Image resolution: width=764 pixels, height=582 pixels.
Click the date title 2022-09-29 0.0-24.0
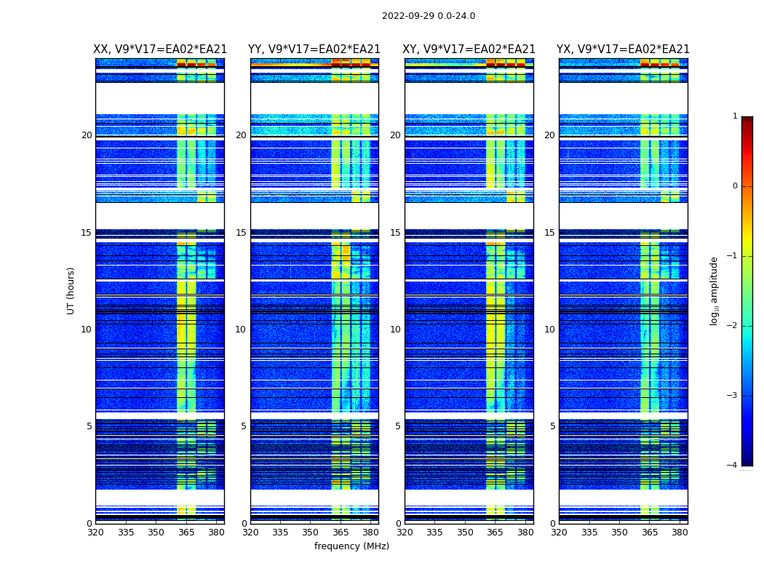(428, 16)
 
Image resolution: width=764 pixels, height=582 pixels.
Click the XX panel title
(160, 49)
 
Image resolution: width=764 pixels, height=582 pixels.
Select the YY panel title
(314, 49)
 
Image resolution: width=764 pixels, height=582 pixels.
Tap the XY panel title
(469, 49)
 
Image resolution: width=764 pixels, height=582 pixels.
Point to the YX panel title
(623, 49)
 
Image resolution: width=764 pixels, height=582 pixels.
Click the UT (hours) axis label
(71, 290)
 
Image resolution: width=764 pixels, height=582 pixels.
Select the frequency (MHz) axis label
(351, 546)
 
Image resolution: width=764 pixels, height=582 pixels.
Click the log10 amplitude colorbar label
(715, 290)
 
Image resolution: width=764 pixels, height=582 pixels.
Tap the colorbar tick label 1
(735, 116)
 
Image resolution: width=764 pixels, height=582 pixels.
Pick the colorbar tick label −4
(733, 466)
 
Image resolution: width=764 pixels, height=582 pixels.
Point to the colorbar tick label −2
(733, 326)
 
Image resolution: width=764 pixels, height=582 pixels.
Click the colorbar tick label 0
(735, 186)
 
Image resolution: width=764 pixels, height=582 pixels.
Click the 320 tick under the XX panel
(95, 533)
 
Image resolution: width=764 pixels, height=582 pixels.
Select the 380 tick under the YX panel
(680, 533)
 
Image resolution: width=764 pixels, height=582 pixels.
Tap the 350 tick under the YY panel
(311, 533)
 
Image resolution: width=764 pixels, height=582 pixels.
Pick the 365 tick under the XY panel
(495, 533)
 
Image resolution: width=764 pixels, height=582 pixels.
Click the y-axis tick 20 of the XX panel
(87, 135)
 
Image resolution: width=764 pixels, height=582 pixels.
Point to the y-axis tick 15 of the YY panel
(241, 233)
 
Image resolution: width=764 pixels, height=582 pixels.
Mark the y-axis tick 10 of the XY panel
(395, 330)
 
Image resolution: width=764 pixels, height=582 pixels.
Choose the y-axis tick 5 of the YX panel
(552, 426)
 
